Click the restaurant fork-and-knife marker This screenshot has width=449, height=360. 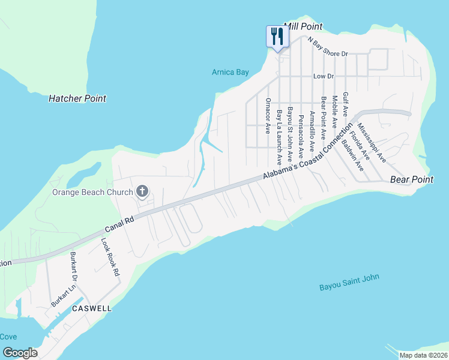tap(277, 37)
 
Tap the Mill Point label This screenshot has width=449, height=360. tap(303, 26)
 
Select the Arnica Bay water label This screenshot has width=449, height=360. tap(230, 72)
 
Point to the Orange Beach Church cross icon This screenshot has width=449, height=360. tap(142, 192)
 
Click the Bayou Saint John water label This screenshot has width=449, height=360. tap(349, 280)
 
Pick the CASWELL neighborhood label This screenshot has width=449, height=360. tap(91, 308)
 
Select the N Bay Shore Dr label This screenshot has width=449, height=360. tap(328, 47)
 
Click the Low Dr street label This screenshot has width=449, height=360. tap(323, 76)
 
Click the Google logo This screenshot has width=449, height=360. tap(20, 352)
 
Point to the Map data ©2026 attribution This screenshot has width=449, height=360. tap(423, 355)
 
